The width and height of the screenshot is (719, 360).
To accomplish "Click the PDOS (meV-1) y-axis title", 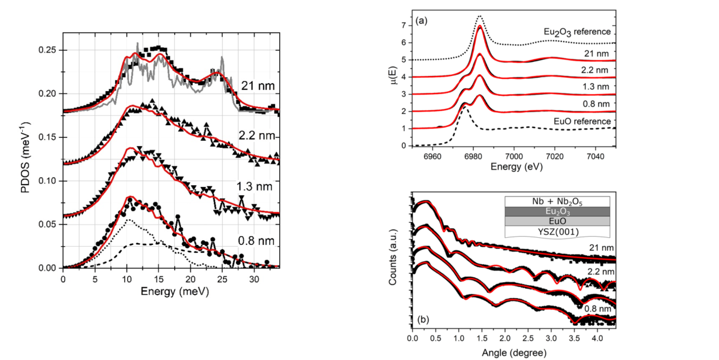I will [x=27, y=157].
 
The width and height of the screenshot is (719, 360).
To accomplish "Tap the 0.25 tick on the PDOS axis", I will [x=51, y=50].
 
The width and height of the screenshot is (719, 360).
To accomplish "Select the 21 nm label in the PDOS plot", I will [x=258, y=86].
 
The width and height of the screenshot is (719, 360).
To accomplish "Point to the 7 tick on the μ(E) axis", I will [x=404, y=25].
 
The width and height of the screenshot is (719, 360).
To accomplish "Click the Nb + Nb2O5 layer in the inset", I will [x=557, y=201].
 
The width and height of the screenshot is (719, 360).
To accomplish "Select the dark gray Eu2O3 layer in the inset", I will [x=557, y=211].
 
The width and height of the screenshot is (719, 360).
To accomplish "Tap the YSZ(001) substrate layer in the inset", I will [x=557, y=231].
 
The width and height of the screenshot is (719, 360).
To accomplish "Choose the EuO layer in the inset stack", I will [x=557, y=221].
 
